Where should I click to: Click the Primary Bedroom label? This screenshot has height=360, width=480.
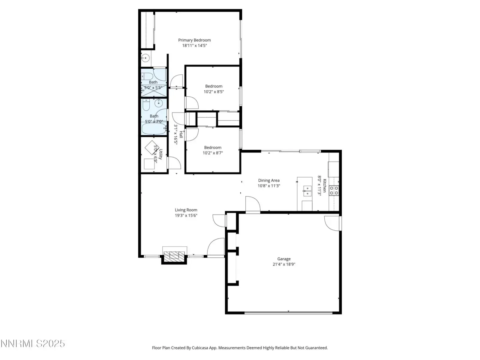[194, 40]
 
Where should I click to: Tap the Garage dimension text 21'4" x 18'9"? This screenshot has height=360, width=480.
[284, 264]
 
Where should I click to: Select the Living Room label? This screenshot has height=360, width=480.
[186, 210]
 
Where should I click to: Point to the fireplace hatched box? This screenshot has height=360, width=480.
[174, 256]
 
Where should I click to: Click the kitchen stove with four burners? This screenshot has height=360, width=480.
[334, 190]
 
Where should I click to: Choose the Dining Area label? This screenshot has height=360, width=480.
[269, 180]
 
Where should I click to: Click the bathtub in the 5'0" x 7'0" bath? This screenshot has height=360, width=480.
[154, 129]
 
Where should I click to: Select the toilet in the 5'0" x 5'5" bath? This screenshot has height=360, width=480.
[147, 76]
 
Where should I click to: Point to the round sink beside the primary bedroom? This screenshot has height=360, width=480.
[145, 58]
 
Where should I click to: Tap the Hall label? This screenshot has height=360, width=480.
[181, 134]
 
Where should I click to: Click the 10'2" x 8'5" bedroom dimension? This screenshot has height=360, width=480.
[214, 91]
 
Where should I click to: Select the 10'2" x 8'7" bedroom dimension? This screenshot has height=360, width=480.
[213, 153]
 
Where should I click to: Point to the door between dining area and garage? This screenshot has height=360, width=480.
[253, 204]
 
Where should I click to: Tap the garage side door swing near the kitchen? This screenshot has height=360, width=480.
[332, 223]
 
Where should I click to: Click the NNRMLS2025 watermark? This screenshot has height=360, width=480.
[33, 343]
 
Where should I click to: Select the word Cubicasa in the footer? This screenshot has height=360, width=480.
[200, 348]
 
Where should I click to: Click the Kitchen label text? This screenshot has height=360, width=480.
[325, 186]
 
